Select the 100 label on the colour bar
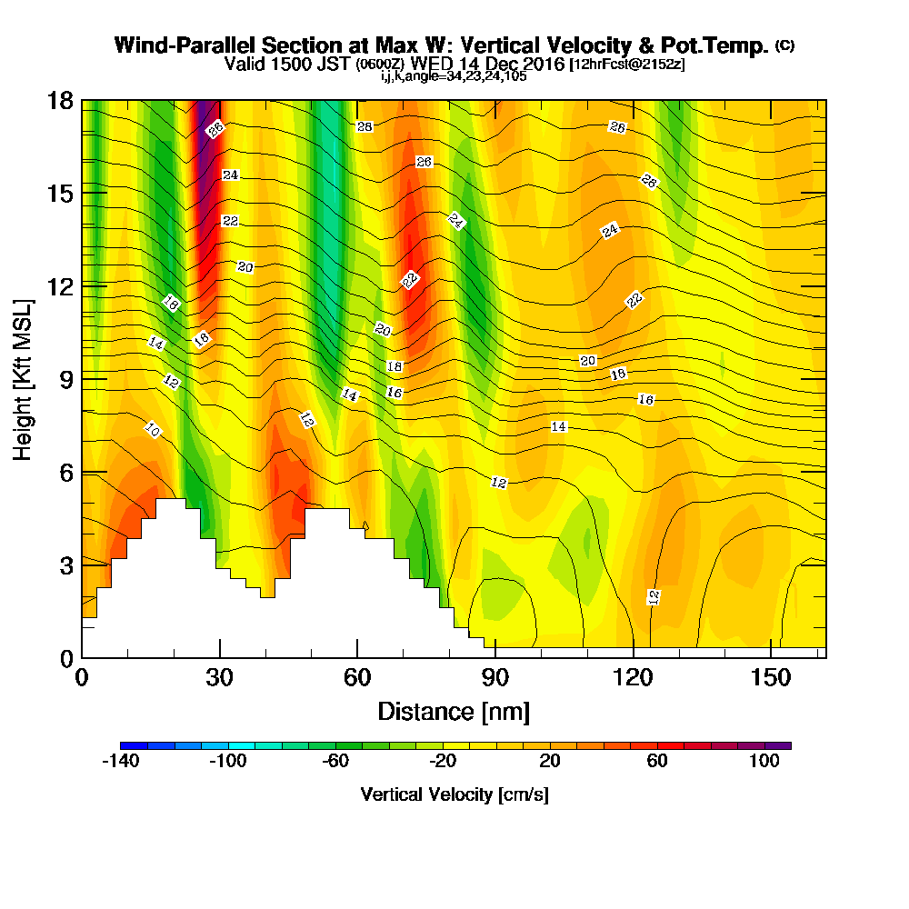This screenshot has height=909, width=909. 764,762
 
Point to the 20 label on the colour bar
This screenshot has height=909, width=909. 551,762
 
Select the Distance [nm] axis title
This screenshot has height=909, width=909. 454,711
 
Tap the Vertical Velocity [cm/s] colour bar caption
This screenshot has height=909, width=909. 454,794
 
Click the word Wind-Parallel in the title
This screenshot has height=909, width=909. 169,45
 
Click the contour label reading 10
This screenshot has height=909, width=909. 153,431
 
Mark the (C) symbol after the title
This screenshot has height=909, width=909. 784,45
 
